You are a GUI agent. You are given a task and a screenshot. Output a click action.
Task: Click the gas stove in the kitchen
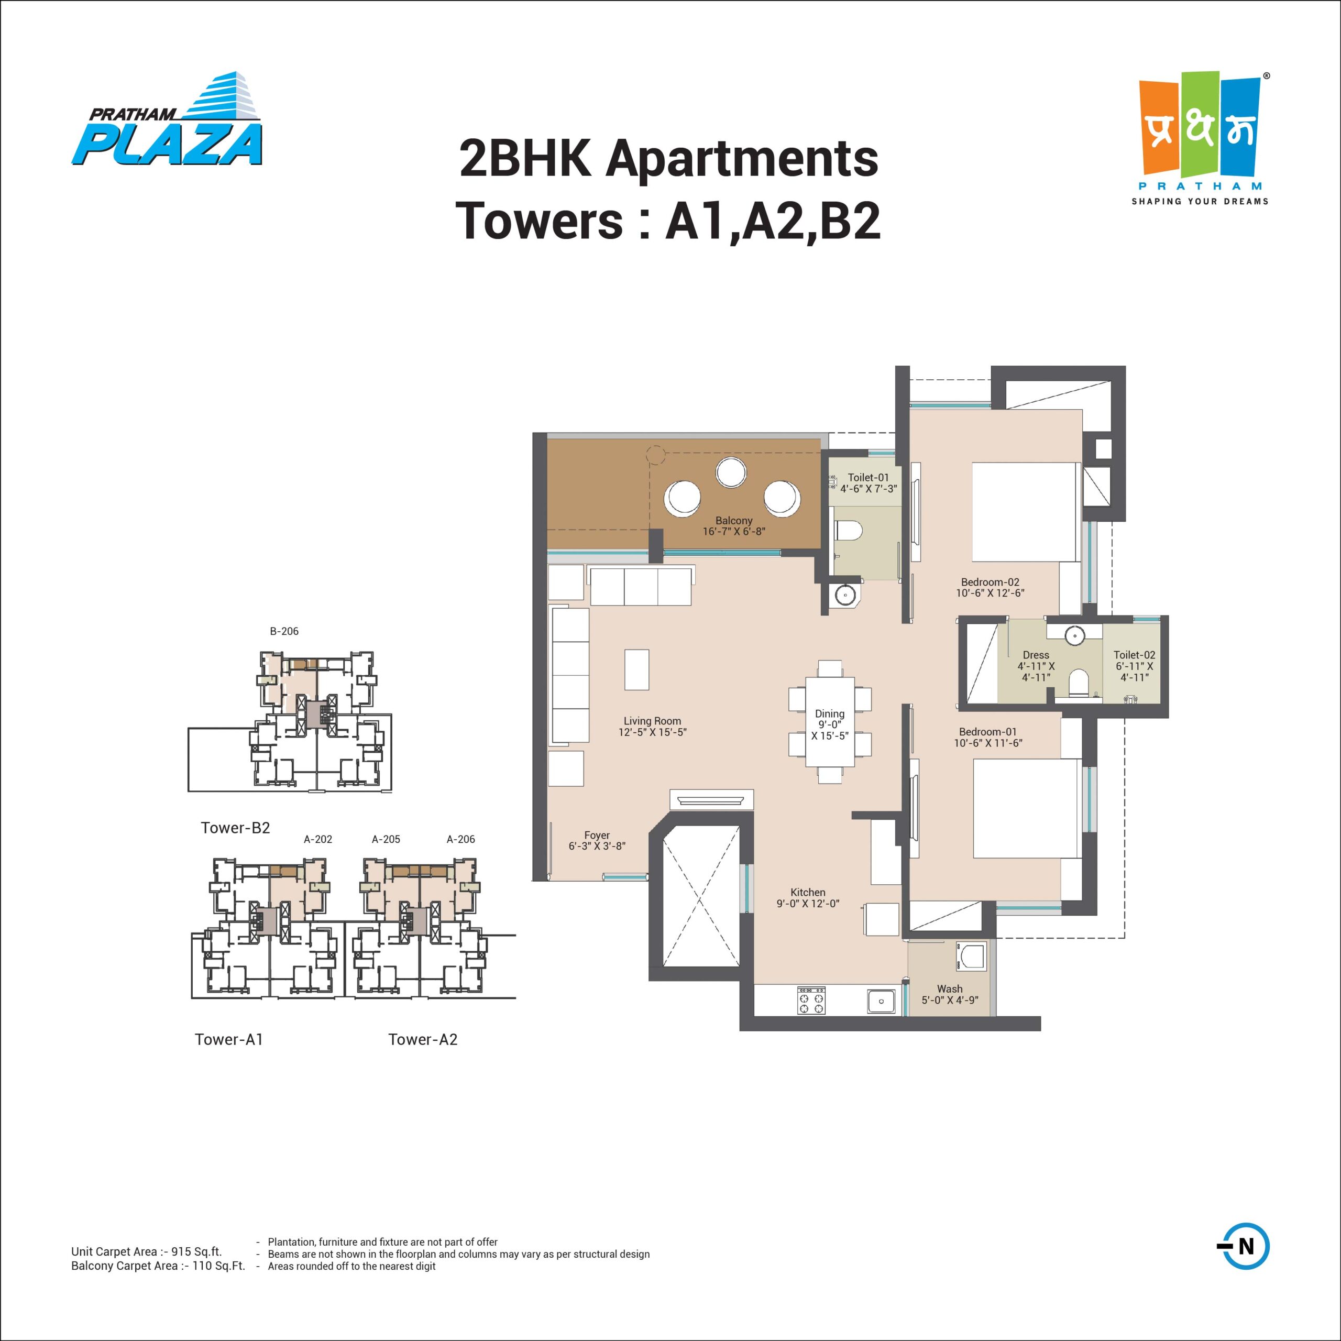coord(811,1001)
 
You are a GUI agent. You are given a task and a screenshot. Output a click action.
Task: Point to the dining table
coord(829,721)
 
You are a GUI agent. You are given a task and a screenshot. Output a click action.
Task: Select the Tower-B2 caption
coord(235,827)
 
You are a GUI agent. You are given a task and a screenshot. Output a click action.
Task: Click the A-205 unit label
coord(386,839)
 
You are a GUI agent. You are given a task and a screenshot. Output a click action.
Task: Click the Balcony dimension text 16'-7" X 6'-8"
coord(734,532)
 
